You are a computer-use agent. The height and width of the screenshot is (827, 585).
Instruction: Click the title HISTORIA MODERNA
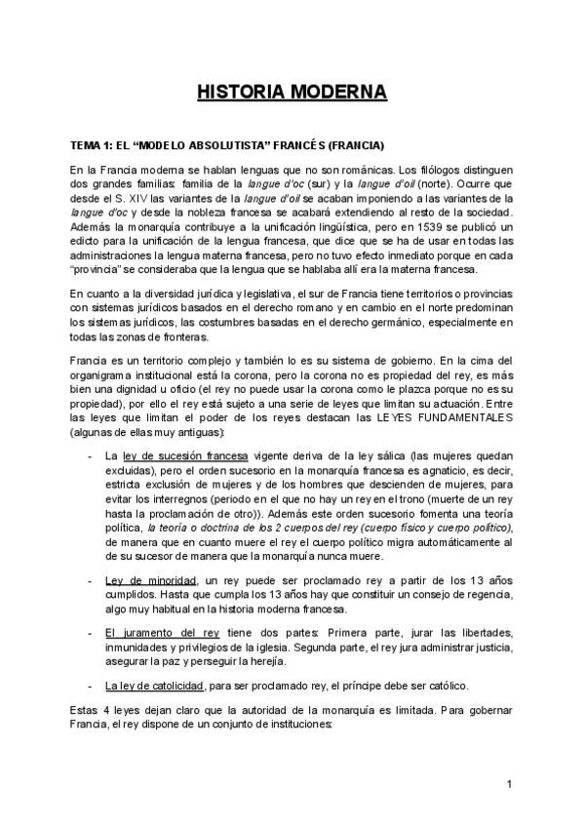[292, 93]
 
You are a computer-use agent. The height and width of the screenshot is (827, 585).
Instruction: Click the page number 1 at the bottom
[510, 784]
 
